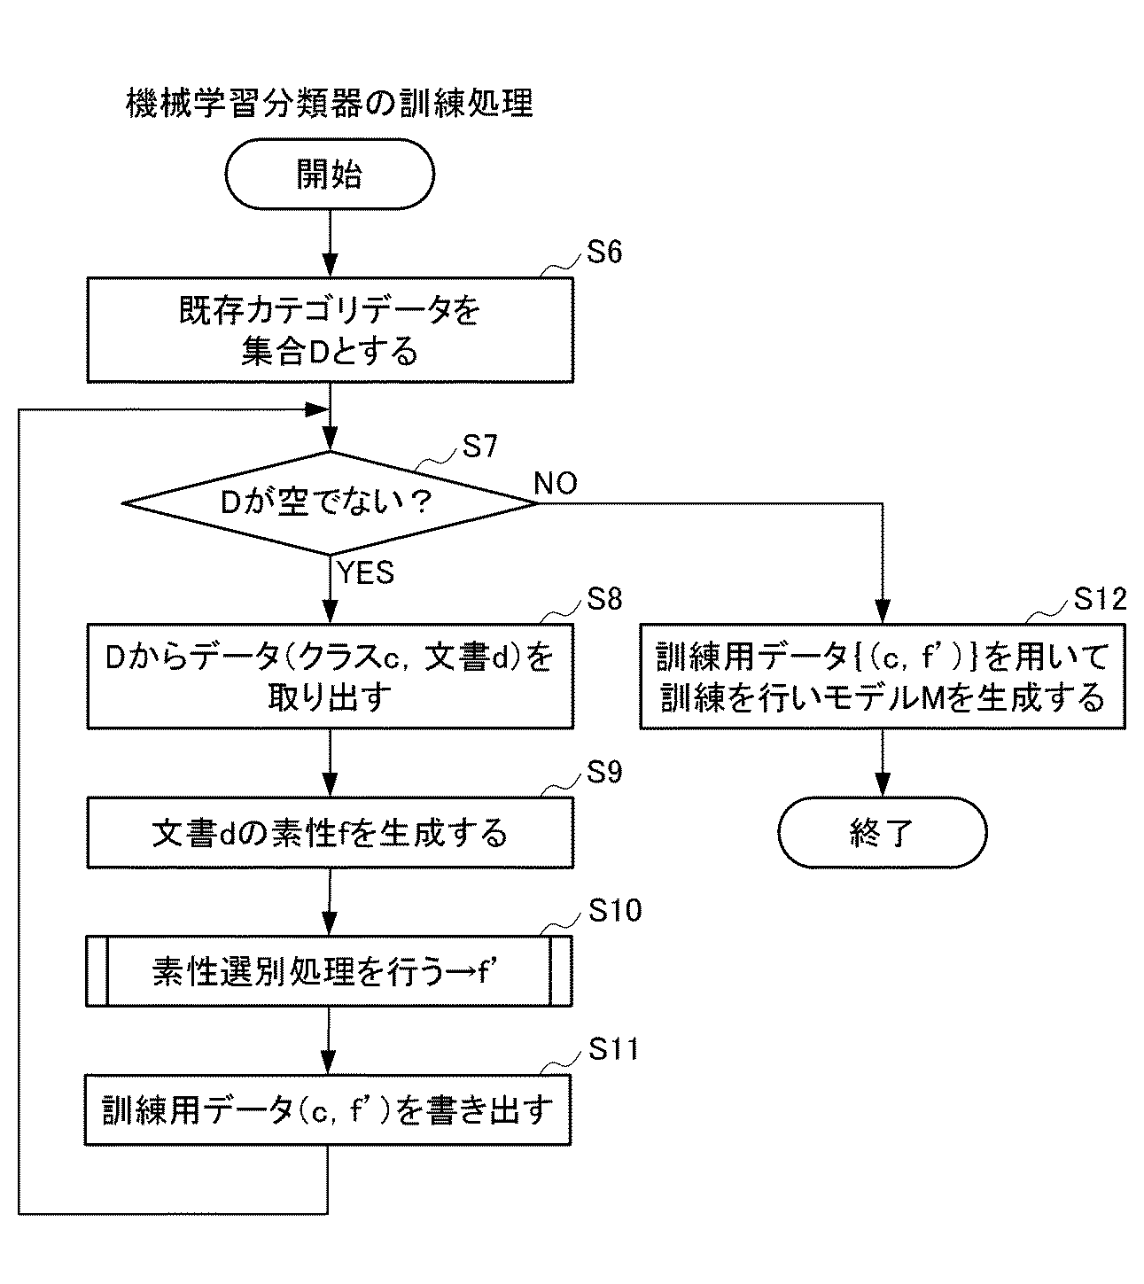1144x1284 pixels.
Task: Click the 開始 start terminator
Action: (x=330, y=175)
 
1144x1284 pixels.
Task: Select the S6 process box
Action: (x=330, y=331)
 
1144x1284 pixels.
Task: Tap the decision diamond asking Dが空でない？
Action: (x=330, y=503)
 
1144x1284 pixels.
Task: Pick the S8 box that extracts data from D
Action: (x=330, y=676)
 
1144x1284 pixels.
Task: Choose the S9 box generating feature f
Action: (x=330, y=832)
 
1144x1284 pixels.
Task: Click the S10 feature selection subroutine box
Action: (x=330, y=970)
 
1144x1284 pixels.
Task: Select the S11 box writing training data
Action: (x=328, y=1109)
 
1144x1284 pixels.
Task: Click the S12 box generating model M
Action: (x=883, y=677)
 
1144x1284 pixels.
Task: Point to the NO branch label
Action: (x=556, y=483)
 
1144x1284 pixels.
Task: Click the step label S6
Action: (x=605, y=253)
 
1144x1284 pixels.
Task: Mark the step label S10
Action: (x=614, y=910)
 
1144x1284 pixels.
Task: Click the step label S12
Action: (x=1101, y=600)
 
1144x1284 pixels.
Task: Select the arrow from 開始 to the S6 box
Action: (x=330, y=244)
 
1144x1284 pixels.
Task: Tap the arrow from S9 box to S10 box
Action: (x=330, y=901)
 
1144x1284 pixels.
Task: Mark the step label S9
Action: (x=605, y=773)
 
